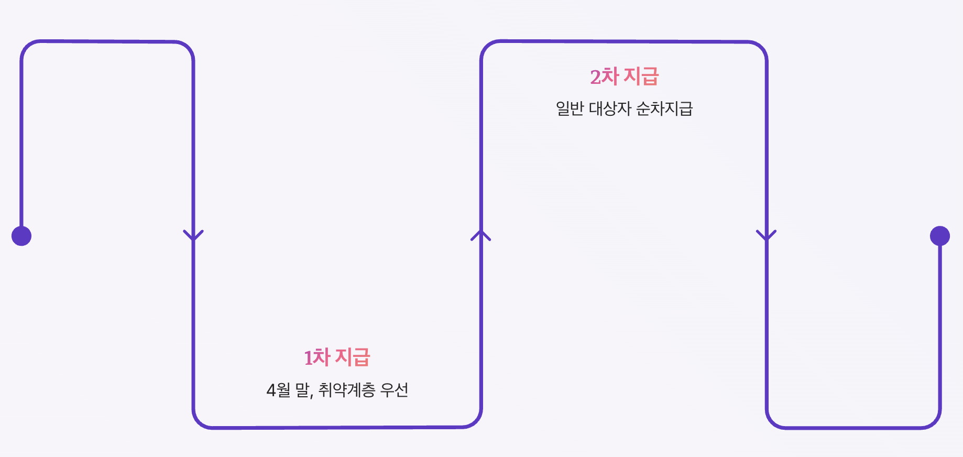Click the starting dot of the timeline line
tap(21, 236)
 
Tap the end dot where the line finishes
tap(940, 236)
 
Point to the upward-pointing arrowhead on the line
tap(481, 235)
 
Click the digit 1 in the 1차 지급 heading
tap(309, 358)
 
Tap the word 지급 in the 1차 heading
tap(353, 357)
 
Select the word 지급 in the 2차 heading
tap(641, 77)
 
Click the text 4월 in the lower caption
tap(278, 390)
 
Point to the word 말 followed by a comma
tap(304, 390)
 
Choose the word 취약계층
tap(347, 390)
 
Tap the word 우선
tap(394, 390)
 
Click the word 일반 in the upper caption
tap(570, 108)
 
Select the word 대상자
tap(610, 108)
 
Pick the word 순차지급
tap(664, 108)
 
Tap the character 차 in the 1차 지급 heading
tap(322, 357)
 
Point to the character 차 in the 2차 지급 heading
tap(610, 77)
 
